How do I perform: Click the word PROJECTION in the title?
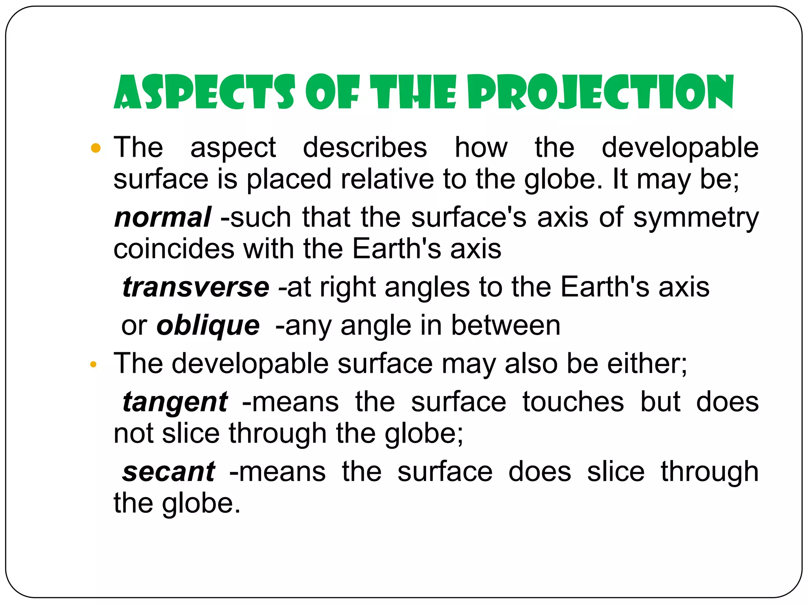600,92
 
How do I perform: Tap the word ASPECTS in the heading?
204,92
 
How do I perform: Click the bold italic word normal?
163,217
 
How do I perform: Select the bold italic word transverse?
196,287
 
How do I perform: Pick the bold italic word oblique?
208,326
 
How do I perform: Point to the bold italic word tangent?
175,402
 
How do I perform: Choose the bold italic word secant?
169,472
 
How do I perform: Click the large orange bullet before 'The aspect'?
95,148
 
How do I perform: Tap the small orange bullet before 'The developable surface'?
93,364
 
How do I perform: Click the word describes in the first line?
365,148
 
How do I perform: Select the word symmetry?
696,218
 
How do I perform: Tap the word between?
505,326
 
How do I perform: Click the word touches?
573,402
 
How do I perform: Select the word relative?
387,179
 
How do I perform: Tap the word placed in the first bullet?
289,180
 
